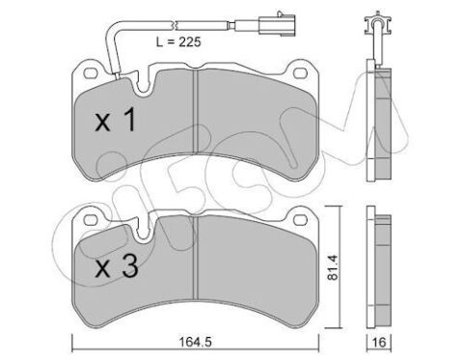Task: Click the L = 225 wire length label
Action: (x=178, y=42)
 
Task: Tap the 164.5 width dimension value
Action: (x=196, y=342)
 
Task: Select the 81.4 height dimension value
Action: (x=332, y=267)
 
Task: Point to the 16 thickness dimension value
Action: (x=380, y=342)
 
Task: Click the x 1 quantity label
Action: (x=116, y=120)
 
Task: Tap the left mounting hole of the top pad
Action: (x=90, y=73)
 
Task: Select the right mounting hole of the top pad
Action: (x=301, y=73)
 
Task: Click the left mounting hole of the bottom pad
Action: (x=90, y=220)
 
